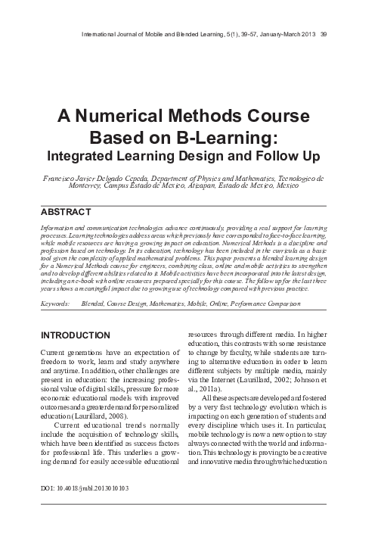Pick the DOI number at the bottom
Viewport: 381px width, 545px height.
click(x=84, y=488)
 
